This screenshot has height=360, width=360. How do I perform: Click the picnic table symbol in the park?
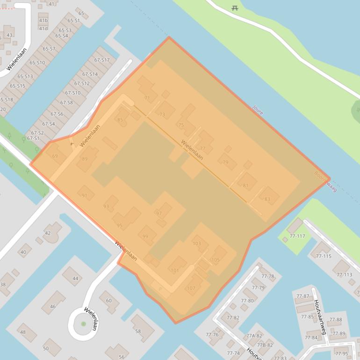(235, 8)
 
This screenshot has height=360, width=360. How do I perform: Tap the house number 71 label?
(147, 98)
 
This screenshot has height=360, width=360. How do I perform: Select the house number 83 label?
(267, 200)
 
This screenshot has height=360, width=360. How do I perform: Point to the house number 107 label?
(191, 288)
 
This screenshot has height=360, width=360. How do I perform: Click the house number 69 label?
(55, 156)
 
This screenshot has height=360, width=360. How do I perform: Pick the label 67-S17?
(101, 60)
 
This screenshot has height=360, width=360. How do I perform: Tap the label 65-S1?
(73, 21)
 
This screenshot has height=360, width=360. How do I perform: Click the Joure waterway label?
(258, 109)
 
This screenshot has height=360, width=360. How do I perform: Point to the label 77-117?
(297, 236)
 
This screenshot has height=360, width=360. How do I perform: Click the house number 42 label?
(48, 233)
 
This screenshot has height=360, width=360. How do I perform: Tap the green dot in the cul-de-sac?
(83, 324)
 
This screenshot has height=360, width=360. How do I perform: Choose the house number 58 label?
(138, 331)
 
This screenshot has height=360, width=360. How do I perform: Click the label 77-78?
(267, 276)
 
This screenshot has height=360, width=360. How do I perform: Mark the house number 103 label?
(196, 244)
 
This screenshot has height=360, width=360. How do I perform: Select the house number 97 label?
(159, 214)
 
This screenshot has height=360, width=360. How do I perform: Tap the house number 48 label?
(22, 332)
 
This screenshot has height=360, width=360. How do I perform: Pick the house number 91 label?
(84, 196)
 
